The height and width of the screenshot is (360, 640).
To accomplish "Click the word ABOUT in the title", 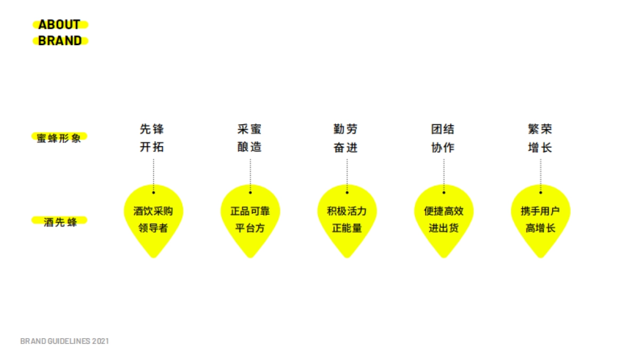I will click(x=59, y=25).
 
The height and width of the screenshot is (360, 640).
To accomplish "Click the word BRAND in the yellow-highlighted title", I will click(x=60, y=41).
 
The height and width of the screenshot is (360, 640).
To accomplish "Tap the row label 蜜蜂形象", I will click(x=59, y=138).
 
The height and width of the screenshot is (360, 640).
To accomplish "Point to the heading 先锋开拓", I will click(x=153, y=138).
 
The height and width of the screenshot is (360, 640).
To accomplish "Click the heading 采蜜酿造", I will click(x=250, y=138).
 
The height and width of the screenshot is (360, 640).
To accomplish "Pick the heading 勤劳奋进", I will click(x=346, y=138).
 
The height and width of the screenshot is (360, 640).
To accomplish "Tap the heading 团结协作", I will click(x=443, y=138).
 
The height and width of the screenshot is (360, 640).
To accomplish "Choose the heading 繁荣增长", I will click(x=540, y=138).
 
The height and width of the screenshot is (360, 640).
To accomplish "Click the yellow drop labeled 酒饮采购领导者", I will click(x=153, y=219).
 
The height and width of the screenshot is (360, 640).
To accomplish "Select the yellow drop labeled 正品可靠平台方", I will click(x=250, y=219).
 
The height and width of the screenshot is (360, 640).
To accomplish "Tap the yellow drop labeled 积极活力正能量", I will click(x=347, y=219).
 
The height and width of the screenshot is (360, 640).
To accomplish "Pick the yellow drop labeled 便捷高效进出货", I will click(x=444, y=219).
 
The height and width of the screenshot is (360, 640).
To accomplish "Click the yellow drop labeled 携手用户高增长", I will click(x=540, y=219).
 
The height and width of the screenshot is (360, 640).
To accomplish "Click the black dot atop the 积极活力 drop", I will click(x=347, y=192).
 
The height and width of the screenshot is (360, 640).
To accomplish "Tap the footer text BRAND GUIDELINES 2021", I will click(x=65, y=341).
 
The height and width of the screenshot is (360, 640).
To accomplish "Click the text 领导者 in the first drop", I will click(x=153, y=228).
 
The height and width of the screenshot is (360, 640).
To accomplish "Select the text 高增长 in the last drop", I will click(x=540, y=228).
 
